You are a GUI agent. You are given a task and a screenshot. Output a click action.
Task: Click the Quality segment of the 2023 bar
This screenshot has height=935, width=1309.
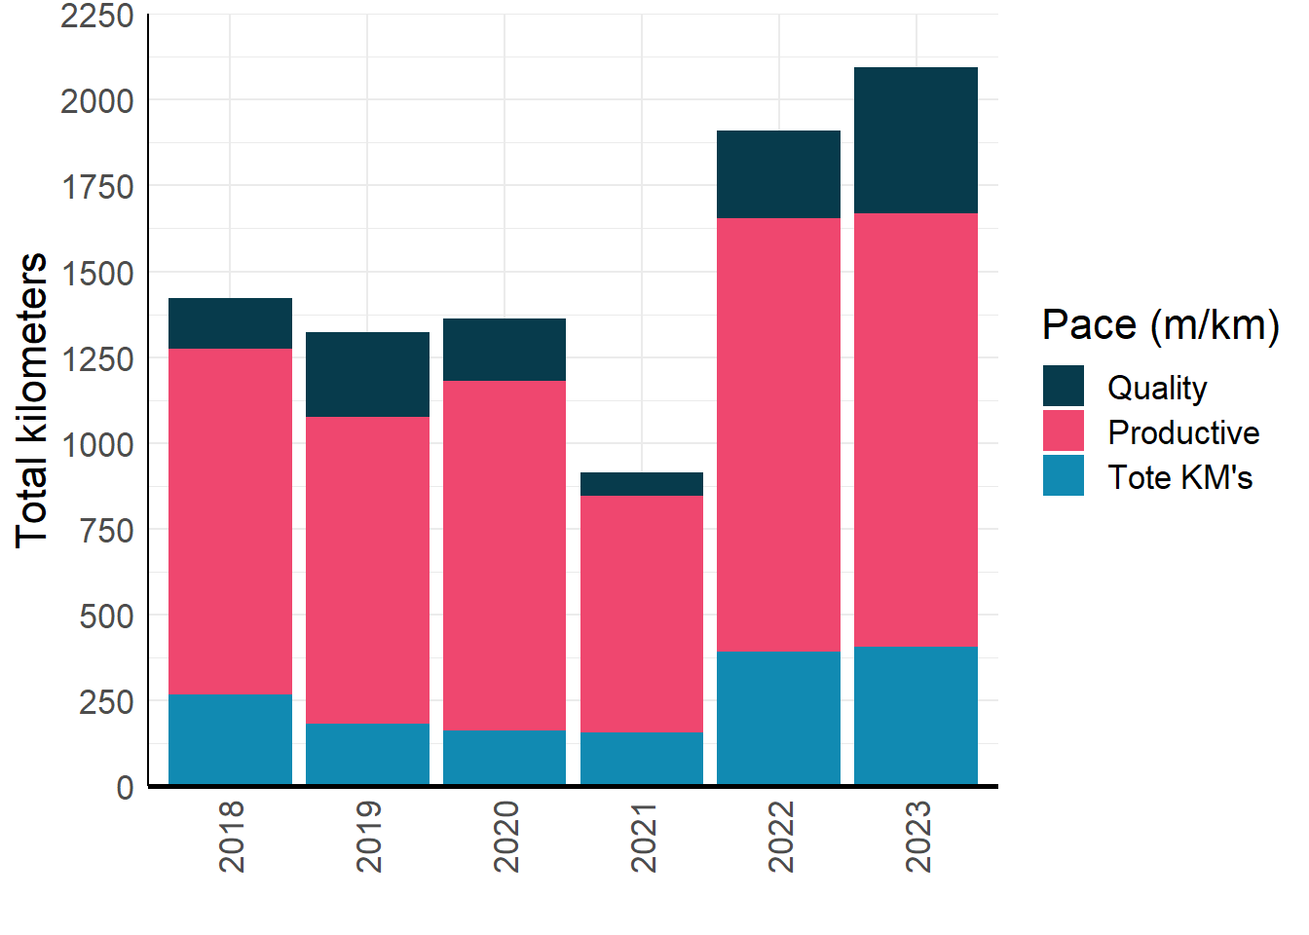click(x=916, y=140)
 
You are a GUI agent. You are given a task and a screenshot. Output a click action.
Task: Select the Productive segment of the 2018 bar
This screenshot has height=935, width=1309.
click(x=230, y=521)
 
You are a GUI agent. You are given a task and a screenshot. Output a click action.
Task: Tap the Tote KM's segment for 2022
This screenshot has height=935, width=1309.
click(x=778, y=718)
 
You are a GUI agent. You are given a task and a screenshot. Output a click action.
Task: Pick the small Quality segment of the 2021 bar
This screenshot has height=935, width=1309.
click(x=641, y=484)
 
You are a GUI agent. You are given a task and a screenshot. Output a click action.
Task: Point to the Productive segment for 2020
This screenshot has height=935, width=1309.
click(x=504, y=555)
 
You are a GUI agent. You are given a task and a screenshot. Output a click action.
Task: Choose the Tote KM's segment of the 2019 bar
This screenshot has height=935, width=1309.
click(x=367, y=754)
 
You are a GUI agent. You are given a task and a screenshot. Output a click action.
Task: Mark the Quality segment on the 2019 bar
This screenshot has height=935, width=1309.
click(x=367, y=374)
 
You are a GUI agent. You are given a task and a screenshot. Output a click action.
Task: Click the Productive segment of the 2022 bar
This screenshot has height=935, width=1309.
click(x=778, y=434)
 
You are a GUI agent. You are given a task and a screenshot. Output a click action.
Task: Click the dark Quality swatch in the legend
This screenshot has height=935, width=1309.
click(x=1063, y=386)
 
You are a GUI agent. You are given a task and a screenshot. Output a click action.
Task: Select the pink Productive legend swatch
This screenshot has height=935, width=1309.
click(x=1063, y=430)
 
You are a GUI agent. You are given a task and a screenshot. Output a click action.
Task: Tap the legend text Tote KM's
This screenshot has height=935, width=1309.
click(x=1179, y=477)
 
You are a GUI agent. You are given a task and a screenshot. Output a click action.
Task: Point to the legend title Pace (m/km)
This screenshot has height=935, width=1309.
click(x=1160, y=324)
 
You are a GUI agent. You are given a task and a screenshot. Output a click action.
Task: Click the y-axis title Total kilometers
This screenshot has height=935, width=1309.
click(x=32, y=399)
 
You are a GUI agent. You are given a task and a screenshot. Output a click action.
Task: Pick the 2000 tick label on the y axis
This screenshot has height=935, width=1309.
click(x=97, y=100)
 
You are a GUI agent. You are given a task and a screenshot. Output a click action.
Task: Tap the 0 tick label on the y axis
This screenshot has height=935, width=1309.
click(x=125, y=787)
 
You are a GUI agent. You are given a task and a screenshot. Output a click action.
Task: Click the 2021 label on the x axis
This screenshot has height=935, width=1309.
click(x=643, y=837)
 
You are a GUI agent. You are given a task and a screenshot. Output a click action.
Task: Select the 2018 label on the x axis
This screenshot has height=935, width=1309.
click(x=232, y=837)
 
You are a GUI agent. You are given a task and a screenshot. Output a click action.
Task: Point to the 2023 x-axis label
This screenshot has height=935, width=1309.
click(x=917, y=837)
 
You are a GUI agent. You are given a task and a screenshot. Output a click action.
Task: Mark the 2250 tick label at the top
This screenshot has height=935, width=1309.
click(x=97, y=16)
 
